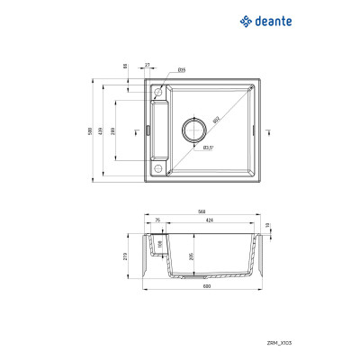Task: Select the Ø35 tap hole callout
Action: coord(181,69)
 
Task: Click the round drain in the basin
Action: coord(194,130)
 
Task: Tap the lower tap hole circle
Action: coord(159,168)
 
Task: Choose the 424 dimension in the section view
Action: coord(209,220)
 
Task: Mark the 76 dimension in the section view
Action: coord(157,220)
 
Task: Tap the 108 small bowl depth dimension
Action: coord(159,243)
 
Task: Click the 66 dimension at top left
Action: coord(125,66)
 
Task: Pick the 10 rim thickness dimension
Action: coord(267,226)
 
